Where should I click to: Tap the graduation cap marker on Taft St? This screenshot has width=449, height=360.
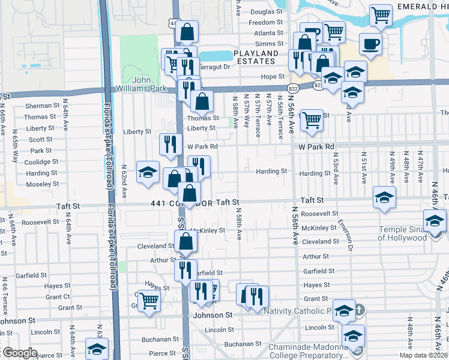(384, 196)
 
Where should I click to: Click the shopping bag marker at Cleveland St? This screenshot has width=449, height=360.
(186, 241)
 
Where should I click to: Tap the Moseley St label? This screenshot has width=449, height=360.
(43, 184)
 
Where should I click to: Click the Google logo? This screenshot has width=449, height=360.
(20, 353)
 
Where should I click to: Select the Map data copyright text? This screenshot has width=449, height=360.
(424, 355)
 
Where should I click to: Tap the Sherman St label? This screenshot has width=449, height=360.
(40, 106)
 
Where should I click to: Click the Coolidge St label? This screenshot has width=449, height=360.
(41, 162)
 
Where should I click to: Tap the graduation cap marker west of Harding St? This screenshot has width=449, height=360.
(148, 172)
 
